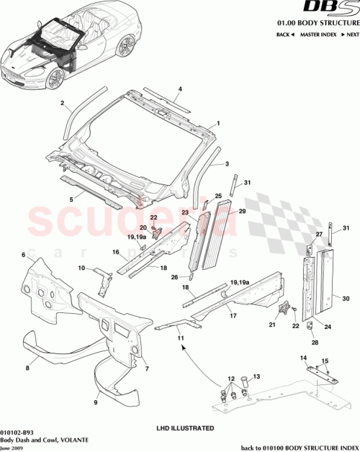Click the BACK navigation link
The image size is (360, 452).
pos(283,34)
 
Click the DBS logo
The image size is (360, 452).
pos(333,9)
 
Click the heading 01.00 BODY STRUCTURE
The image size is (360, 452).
pos(318,23)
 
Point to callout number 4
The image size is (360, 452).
pos(180,89)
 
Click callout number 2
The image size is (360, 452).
pos(63,103)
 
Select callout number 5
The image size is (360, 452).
pos(70,199)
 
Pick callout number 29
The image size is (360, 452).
pos(242,211)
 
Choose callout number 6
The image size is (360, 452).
pos(23,255)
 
